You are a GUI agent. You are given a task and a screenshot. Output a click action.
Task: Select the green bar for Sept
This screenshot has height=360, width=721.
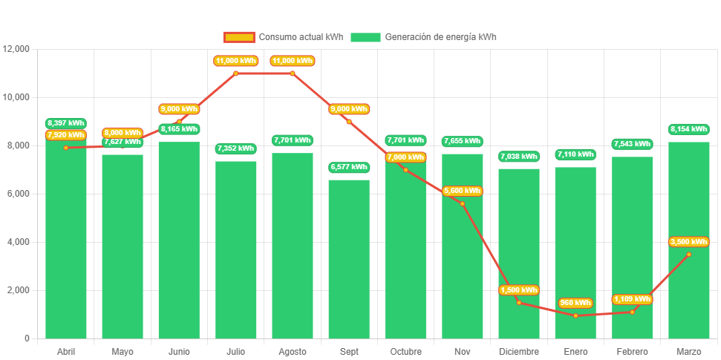[x=349, y=260]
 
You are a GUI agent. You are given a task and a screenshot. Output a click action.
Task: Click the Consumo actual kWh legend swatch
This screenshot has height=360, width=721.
[x=238, y=37]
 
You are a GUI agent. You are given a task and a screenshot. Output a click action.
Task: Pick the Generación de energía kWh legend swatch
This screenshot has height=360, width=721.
[x=365, y=37]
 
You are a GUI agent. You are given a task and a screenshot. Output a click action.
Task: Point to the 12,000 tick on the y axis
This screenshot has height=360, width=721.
[x=16, y=49]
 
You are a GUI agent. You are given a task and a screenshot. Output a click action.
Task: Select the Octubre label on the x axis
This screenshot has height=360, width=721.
[x=405, y=351]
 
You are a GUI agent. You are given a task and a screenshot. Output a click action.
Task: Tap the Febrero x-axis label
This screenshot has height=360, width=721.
[x=632, y=351]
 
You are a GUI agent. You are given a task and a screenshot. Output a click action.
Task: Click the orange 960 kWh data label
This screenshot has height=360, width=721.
[x=575, y=303]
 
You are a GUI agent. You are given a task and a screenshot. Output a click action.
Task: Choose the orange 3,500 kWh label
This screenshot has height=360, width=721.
[x=688, y=241]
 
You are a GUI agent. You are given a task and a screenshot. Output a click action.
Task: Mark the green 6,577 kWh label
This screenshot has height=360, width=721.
[x=349, y=168]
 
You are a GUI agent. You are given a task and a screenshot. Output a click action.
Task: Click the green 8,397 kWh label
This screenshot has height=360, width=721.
[x=65, y=123]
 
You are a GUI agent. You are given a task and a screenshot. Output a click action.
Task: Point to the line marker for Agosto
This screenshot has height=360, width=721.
[x=293, y=73]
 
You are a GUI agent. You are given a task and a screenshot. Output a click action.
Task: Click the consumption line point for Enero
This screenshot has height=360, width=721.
[x=575, y=315]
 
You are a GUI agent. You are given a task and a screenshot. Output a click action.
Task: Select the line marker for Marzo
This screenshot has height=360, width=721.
[x=688, y=254]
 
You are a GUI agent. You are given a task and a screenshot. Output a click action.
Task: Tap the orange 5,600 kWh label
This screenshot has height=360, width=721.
[x=462, y=191]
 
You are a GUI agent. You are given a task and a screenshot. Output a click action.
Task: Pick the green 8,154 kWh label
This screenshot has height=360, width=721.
[x=688, y=129]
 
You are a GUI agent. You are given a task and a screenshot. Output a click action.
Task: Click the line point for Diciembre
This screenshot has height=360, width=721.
[x=518, y=303]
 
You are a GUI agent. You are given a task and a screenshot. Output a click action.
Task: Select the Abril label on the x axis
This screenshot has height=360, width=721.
[x=66, y=351]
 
